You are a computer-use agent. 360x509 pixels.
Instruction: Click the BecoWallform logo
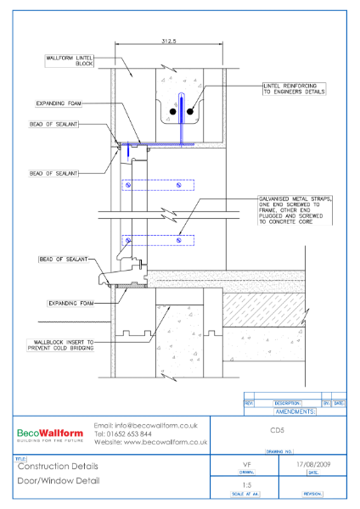pyautogui.click(x=48, y=433)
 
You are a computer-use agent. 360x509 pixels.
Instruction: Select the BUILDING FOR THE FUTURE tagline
pyautogui.click(x=48, y=442)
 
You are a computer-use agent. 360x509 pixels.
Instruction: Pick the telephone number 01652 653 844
pyautogui.click(x=129, y=433)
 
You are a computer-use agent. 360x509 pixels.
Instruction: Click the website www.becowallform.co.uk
pyautogui.click(x=150, y=442)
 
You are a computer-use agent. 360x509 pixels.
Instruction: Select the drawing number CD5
pyautogui.click(x=277, y=431)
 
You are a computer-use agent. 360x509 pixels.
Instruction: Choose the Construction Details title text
pyautogui.click(x=58, y=467)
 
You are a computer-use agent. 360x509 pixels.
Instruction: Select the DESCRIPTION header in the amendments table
pyautogui.click(x=288, y=403)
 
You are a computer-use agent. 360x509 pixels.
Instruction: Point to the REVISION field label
pyautogui.click(x=313, y=493)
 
